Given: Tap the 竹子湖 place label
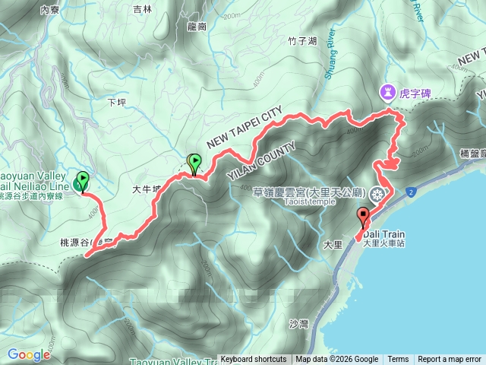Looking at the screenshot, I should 303,41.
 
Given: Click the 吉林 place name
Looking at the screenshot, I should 142,10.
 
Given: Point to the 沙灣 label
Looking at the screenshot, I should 298,323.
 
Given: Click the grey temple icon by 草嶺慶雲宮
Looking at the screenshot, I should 377,194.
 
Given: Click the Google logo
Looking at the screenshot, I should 28,354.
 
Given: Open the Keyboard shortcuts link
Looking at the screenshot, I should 254,360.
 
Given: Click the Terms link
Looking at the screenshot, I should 398,360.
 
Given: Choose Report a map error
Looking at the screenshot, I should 450,360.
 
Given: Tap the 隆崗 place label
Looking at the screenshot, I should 196,25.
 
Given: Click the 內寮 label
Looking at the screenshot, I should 49,10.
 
